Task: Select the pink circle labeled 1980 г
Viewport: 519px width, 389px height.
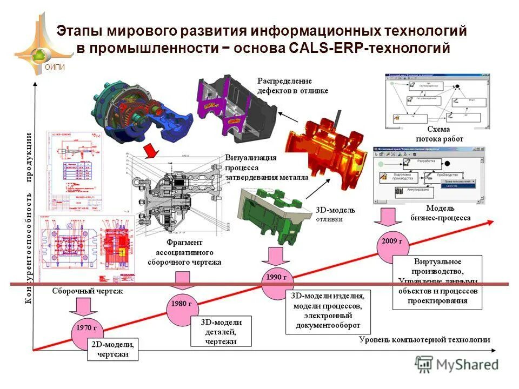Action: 182,304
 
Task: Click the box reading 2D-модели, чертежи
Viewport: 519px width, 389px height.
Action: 113,349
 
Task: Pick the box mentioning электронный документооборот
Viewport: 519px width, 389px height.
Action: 329,312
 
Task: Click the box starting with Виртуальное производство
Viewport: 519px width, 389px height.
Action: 437,281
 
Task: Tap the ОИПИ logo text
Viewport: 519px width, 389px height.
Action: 54,67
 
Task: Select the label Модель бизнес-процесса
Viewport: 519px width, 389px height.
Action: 440,213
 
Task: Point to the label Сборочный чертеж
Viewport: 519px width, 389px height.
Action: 88,291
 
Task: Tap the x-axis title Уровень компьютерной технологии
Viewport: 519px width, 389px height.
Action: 425,339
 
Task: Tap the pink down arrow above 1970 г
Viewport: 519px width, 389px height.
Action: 84,305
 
